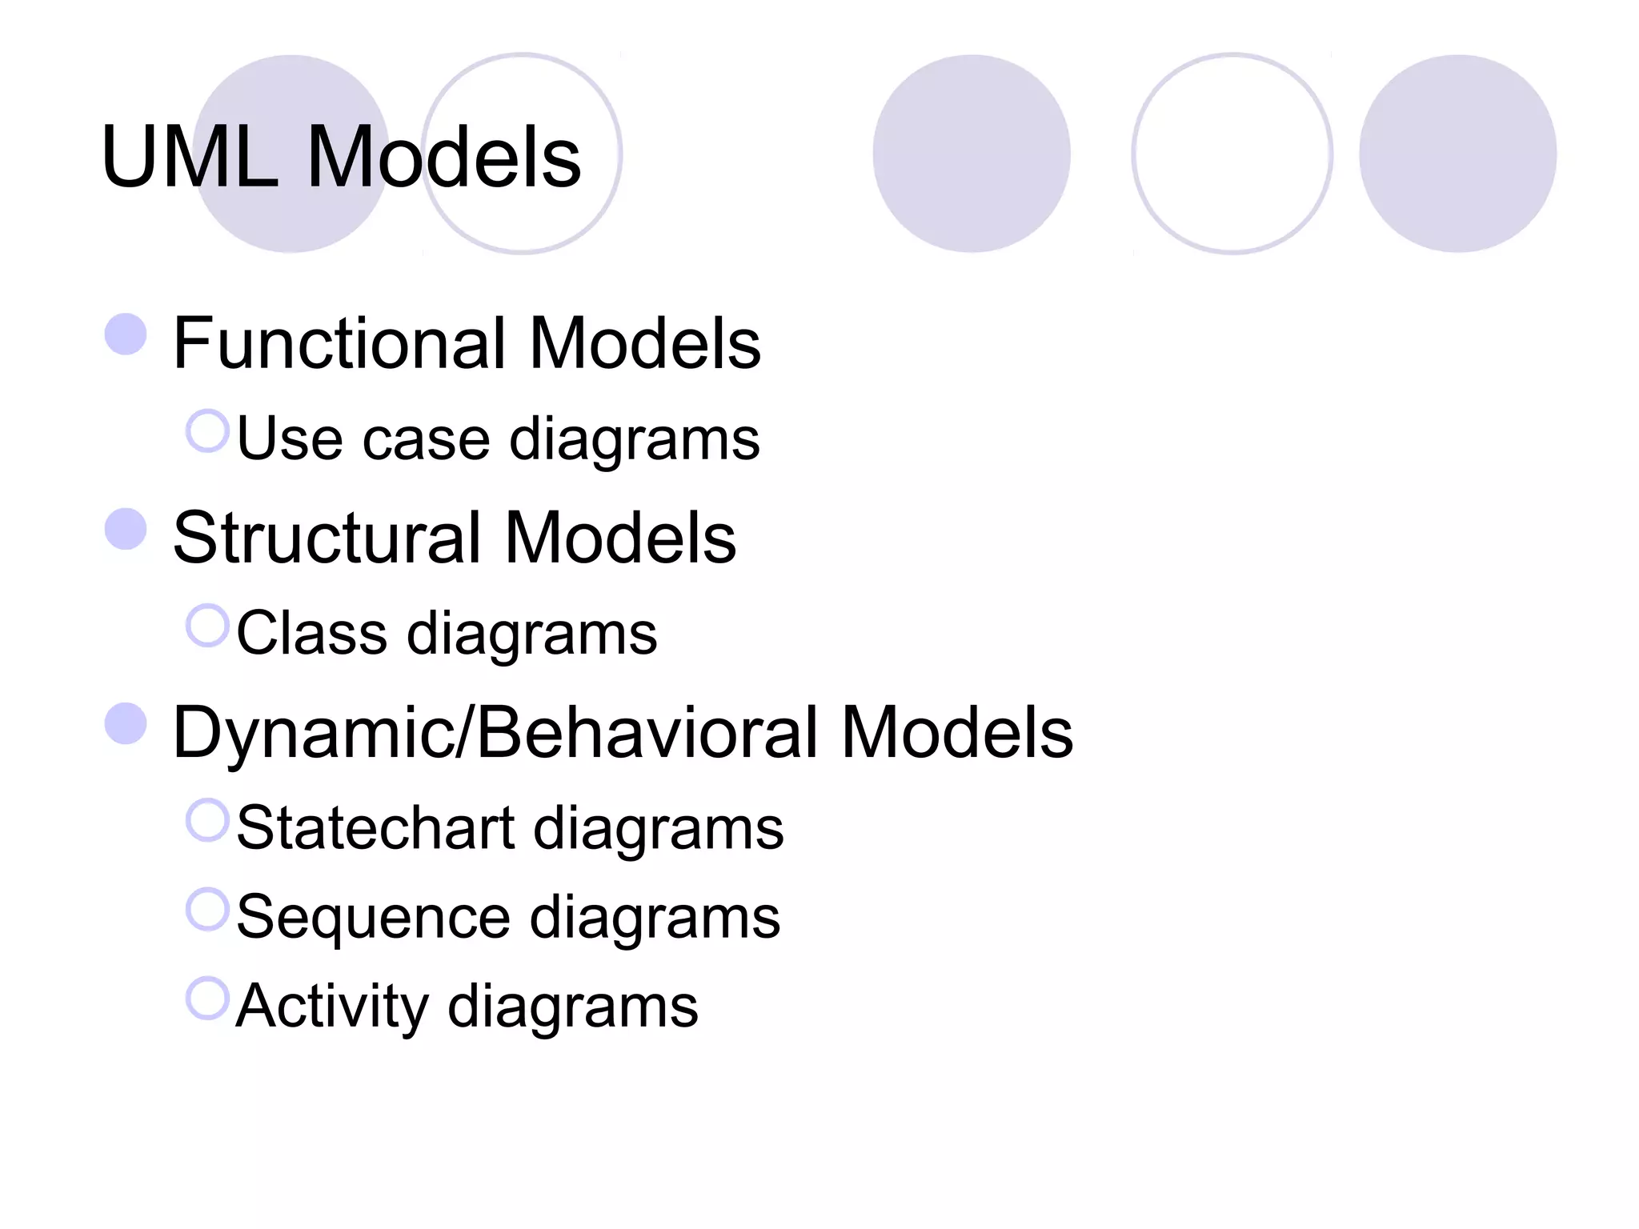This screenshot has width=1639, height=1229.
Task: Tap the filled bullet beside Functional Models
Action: click(x=126, y=334)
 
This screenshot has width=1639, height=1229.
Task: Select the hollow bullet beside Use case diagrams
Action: click(x=208, y=430)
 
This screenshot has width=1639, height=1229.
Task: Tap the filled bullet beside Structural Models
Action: click(x=126, y=529)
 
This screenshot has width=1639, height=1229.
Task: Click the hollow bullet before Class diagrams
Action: click(x=208, y=625)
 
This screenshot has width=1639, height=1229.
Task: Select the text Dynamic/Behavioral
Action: click(x=495, y=732)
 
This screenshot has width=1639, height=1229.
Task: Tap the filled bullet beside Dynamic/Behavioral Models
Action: click(x=126, y=723)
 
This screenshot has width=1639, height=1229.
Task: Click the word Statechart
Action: click(x=375, y=828)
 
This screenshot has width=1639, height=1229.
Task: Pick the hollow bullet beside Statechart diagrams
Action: click(x=208, y=820)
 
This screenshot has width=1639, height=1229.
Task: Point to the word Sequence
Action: click(x=373, y=917)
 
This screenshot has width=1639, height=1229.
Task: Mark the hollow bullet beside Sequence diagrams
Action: click(x=208, y=909)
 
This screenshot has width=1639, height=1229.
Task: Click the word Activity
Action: click(x=332, y=1007)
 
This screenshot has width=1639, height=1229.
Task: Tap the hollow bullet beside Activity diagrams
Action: click(x=208, y=998)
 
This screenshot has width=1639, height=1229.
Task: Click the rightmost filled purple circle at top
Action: click(x=1457, y=154)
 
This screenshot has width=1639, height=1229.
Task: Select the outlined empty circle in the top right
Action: click(x=1232, y=154)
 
